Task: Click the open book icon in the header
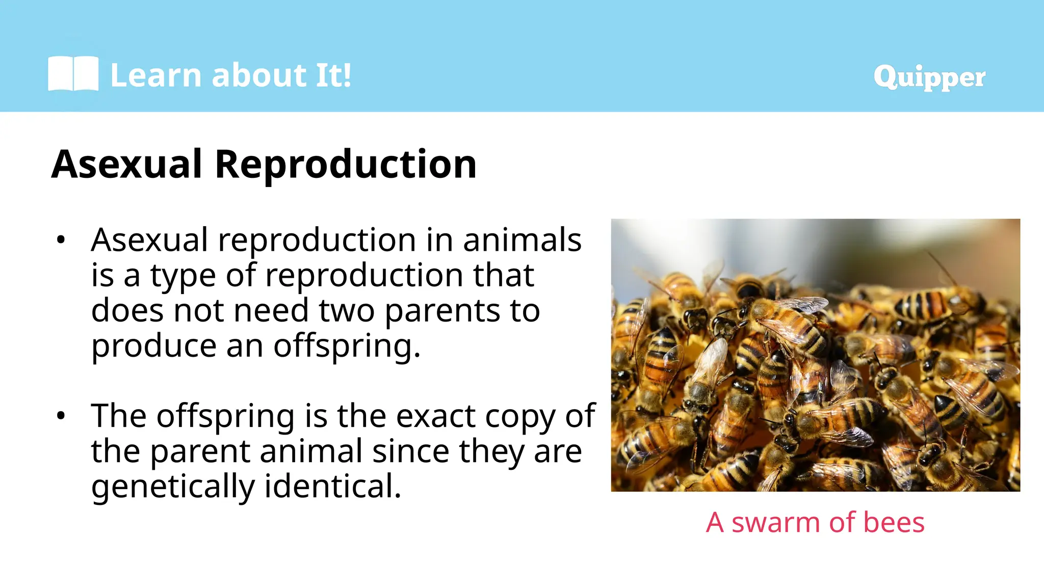(73, 74)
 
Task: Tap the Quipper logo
(929, 77)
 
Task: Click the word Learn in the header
(156, 75)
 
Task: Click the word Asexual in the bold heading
(127, 164)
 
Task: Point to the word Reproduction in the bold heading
(345, 164)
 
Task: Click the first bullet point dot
(61, 239)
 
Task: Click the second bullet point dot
(61, 416)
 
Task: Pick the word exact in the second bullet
(435, 416)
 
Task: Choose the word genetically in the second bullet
(173, 487)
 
